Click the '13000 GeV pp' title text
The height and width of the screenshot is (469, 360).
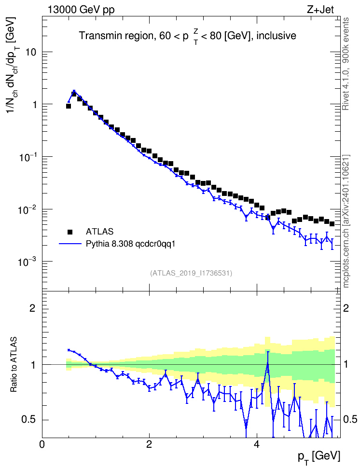[x=81, y=10]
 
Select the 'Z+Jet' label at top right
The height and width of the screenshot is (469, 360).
[x=320, y=10]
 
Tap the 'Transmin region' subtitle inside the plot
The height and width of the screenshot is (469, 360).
[x=116, y=36]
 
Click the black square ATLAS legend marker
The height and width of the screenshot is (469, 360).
[x=70, y=232]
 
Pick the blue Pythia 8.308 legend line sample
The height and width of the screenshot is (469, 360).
[x=70, y=244]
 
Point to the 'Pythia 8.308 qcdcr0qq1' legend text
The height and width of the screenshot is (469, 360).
[x=130, y=244]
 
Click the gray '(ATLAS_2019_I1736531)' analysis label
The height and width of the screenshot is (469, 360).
[x=191, y=273]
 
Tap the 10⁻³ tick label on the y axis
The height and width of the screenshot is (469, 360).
[x=28, y=261]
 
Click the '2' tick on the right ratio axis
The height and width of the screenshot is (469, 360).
[x=346, y=308]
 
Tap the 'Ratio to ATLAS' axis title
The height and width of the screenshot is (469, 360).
[x=14, y=365]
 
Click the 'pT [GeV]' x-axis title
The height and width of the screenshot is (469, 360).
[x=319, y=457]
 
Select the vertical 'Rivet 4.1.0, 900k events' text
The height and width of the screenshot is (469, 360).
[x=346, y=64]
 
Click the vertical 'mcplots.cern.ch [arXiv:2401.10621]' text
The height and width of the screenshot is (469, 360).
[x=346, y=221]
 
